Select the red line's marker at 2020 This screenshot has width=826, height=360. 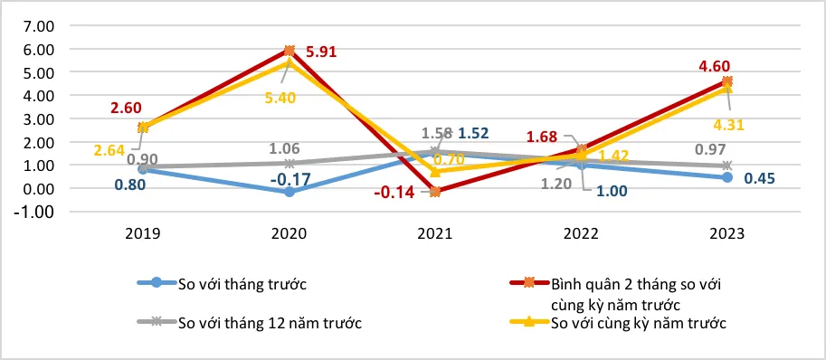click(x=290, y=51)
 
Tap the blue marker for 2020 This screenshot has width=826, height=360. click(x=290, y=192)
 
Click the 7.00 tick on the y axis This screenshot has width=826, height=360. click(x=33, y=25)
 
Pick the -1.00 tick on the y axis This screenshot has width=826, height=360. click(x=31, y=213)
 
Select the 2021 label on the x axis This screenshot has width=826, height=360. click(x=435, y=233)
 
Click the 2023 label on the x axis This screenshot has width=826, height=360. click(x=726, y=233)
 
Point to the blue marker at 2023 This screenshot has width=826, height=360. click(x=726, y=177)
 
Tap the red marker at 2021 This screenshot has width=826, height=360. click(x=435, y=192)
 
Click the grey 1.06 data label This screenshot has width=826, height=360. click(x=290, y=148)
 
